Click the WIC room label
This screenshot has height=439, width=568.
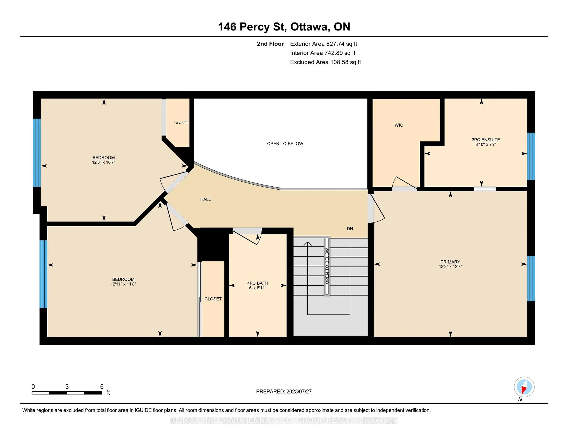399,125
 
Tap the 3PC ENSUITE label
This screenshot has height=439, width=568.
486,140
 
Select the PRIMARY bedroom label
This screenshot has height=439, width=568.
450,262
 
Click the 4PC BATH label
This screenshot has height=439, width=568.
258,283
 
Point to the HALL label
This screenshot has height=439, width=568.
206,199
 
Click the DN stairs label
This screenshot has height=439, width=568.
350,229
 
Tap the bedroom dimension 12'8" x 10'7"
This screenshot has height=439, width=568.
104,162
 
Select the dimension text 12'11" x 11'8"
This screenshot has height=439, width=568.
123,284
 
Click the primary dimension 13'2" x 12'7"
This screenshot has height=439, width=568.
450,267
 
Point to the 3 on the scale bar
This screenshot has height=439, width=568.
67,387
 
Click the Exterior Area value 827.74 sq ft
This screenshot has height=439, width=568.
342,44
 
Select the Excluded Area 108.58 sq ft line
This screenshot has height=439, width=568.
325,62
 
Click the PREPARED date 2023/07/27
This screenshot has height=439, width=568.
299,391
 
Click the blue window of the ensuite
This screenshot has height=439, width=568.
531,156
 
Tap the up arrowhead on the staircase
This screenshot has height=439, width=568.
308,244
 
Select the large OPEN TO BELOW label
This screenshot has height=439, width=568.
285,143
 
